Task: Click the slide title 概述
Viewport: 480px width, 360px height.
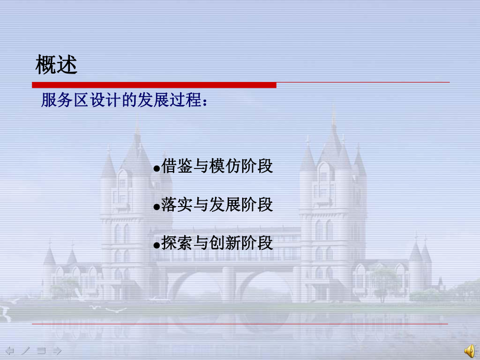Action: point(56,66)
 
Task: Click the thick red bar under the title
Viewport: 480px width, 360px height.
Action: point(154,85)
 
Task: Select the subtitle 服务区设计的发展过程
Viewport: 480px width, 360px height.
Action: point(121,100)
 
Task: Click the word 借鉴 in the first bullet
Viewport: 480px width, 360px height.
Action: point(174,166)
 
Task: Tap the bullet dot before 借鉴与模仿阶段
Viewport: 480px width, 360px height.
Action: point(157,169)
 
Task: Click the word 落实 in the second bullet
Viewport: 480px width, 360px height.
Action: point(174,205)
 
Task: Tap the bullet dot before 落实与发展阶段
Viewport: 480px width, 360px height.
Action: point(157,208)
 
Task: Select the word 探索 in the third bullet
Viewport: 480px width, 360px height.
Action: point(174,243)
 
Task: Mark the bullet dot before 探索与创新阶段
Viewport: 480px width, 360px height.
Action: point(157,246)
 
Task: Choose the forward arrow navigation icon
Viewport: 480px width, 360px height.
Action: point(57,350)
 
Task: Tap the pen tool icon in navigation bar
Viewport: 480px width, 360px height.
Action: point(26,350)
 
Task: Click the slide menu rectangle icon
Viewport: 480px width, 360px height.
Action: point(42,350)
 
